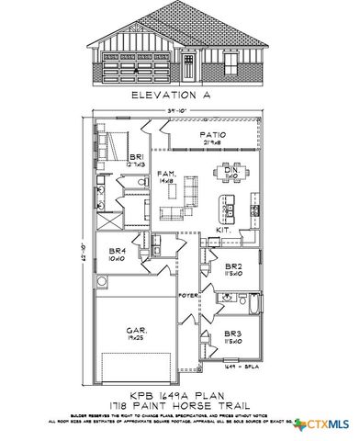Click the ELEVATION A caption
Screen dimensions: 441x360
pos(180,96)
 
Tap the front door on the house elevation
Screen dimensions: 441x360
pos(188,66)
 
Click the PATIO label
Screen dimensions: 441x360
pos(213,138)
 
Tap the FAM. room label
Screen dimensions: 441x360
pos(166,175)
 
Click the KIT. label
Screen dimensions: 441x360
pos(221,230)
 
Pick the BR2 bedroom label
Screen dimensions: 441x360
pos(233,268)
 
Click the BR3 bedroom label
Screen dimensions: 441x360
pos(233,336)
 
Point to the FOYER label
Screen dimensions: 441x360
pos(189,295)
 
